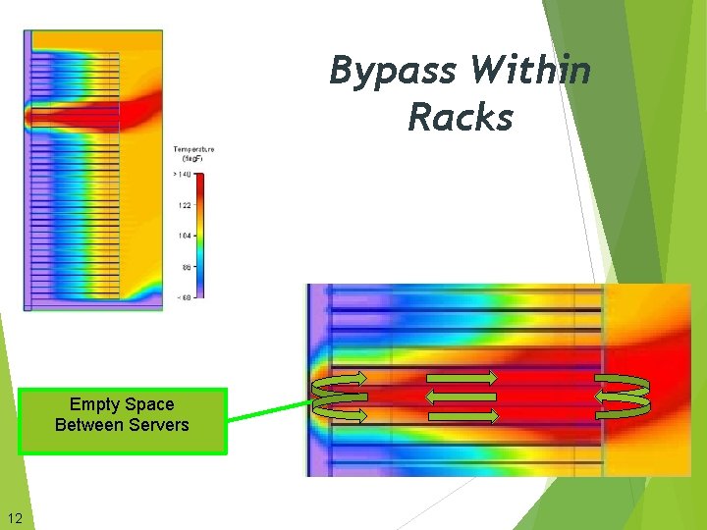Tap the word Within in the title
[530, 71]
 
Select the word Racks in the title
[461, 118]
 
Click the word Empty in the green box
[94, 404]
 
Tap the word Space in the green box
[149, 404]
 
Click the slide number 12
[14, 518]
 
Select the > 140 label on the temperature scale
[183, 174]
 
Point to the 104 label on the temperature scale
[184, 236]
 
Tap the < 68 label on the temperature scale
[183, 297]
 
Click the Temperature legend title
[193, 150]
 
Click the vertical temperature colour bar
[199, 236]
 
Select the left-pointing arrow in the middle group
[460, 397]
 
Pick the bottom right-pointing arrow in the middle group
[463, 416]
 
